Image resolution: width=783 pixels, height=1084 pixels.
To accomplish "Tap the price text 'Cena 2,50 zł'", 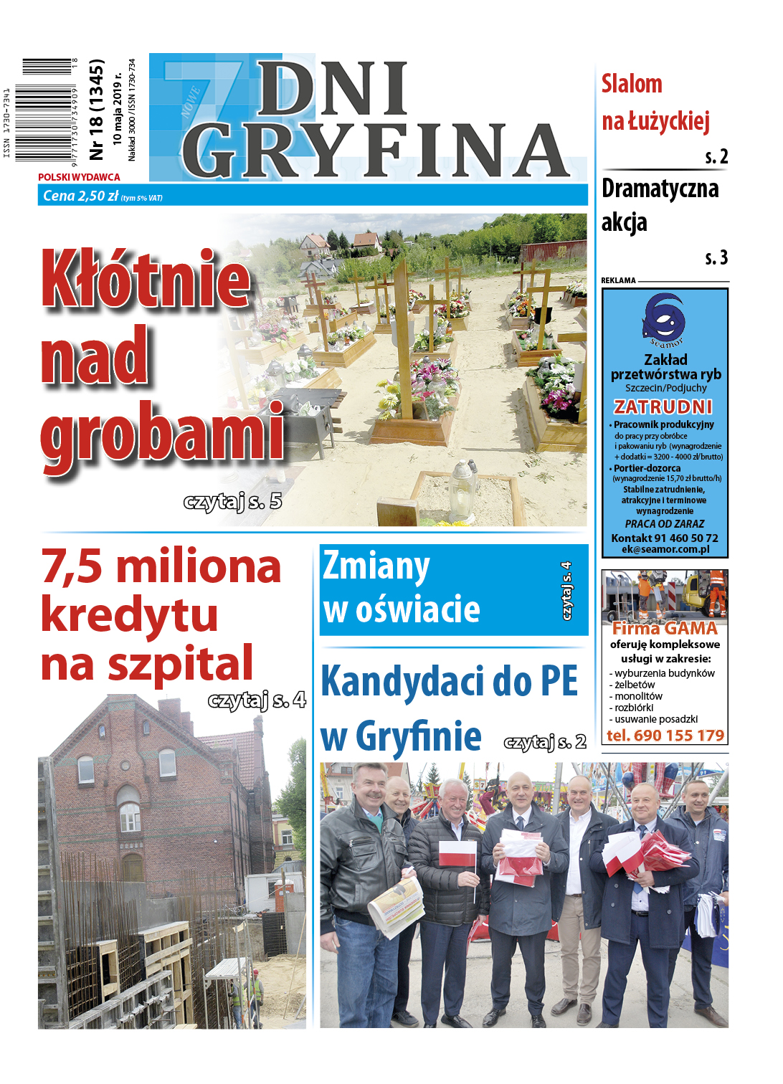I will pyautogui.click(x=80, y=196).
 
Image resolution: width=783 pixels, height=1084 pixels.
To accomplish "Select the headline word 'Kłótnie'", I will pyautogui.click(x=146, y=279).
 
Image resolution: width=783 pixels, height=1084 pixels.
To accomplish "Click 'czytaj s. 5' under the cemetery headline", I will pyautogui.click(x=232, y=501).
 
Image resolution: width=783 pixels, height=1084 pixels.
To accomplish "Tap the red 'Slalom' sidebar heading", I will pyautogui.click(x=632, y=85).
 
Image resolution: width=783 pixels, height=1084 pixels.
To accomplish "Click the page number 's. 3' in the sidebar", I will pyautogui.click(x=716, y=257).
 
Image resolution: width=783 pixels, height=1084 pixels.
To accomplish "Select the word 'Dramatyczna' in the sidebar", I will pyautogui.click(x=660, y=189).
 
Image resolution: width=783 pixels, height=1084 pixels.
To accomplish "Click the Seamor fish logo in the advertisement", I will pyautogui.click(x=664, y=318).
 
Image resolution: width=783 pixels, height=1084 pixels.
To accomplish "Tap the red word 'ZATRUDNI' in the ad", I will pyautogui.click(x=663, y=407).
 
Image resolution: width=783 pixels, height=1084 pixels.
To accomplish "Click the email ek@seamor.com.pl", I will pyautogui.click(x=665, y=549).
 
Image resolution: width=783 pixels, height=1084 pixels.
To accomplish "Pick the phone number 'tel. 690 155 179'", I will pyautogui.click(x=665, y=736).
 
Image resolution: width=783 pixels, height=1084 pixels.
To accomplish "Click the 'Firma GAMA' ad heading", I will pyautogui.click(x=665, y=629).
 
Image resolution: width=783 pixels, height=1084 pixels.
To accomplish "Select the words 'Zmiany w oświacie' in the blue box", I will pyautogui.click(x=402, y=588).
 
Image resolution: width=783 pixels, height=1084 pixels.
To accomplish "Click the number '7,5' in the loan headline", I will pyautogui.click(x=72, y=566).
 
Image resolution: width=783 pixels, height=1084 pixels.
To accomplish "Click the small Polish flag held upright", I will pyautogui.click(x=457, y=855).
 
